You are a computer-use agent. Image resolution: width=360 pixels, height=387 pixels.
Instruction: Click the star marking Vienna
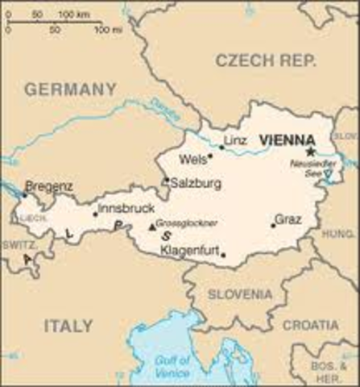point(310,151)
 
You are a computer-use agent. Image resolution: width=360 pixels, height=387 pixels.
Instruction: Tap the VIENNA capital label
point(286,140)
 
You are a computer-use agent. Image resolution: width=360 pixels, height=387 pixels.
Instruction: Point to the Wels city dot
point(210,156)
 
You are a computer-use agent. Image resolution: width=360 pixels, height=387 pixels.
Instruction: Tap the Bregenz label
point(49,186)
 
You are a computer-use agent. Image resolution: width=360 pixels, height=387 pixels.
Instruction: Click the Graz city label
point(288,218)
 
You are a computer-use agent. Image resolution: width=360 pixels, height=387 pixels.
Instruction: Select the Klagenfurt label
point(190,252)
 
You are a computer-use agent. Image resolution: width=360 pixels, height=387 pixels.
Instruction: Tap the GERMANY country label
point(70,89)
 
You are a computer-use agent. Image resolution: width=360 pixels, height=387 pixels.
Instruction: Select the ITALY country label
point(68,327)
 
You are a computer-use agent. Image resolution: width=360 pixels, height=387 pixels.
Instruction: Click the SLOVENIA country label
point(240,294)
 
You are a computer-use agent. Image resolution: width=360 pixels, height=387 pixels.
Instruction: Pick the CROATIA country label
point(310,324)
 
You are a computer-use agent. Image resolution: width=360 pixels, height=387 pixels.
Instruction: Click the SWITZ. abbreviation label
point(17,243)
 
